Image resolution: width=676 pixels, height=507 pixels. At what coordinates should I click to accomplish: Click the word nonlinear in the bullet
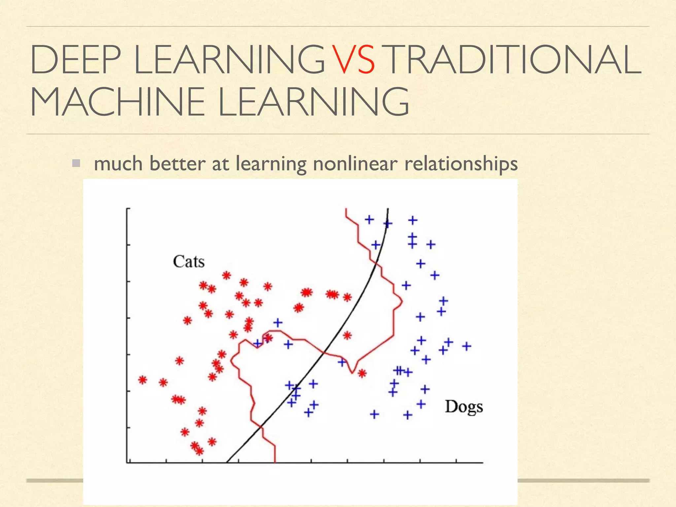[355, 163]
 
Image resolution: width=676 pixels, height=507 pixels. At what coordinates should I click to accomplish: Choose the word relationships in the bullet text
[461, 164]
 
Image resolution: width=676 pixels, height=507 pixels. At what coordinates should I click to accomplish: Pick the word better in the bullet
[177, 163]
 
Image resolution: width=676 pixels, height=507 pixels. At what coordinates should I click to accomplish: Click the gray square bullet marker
[76, 163]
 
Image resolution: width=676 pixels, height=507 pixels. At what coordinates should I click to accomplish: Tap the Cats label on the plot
[188, 262]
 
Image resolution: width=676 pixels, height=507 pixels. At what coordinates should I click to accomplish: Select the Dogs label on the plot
[464, 407]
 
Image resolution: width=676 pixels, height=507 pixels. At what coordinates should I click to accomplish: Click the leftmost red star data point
[143, 380]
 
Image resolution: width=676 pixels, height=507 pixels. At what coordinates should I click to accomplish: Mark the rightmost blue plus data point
[466, 346]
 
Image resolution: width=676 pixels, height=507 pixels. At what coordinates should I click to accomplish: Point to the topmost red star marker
[226, 275]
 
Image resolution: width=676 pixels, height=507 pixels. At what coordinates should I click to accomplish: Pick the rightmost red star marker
[362, 374]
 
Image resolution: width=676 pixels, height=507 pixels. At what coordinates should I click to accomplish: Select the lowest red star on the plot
[200, 451]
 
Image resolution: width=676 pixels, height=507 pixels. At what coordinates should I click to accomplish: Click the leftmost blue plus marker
[257, 344]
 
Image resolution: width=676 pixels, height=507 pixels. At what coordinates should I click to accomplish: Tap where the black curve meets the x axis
[227, 462]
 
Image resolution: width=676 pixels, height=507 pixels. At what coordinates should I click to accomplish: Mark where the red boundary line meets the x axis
[275, 462]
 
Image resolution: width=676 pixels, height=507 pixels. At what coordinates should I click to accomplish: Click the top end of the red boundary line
[346, 209]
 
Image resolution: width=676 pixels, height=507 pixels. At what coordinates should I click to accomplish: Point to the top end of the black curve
[388, 209]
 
